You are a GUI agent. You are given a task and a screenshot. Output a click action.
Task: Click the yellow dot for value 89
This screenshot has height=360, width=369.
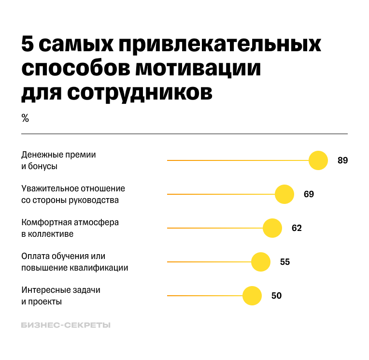coord(318,160)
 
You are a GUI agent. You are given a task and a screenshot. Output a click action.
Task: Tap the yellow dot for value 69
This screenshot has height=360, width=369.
coord(284,194)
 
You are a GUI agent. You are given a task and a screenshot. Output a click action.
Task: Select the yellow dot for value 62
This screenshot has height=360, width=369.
coord(272,228)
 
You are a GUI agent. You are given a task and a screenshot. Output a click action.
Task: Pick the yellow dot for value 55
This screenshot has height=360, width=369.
coord(261,262)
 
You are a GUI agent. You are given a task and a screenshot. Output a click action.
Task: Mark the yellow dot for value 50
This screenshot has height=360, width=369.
coord(252,296)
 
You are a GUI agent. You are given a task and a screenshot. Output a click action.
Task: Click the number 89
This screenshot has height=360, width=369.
coord(342,160)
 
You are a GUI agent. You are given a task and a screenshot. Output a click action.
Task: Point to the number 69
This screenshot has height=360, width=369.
coord(309,194)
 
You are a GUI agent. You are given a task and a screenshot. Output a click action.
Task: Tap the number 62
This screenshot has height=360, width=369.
coord(297,228)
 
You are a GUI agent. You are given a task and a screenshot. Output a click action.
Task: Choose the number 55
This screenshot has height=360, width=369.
coord(285,262)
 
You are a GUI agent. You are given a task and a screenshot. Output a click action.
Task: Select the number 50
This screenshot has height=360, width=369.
coord(276,296)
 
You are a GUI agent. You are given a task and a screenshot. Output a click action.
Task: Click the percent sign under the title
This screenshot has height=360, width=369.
coord(25,118)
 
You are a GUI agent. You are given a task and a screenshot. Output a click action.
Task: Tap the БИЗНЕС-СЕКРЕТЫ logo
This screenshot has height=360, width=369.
coord(66,325)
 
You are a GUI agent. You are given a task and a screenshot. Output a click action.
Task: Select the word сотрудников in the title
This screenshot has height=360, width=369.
coord(140,92)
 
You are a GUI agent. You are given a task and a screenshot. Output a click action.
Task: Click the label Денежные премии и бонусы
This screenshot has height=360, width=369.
coord(58,160)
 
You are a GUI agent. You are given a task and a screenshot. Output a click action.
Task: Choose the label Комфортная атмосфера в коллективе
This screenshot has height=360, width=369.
coord(70,228)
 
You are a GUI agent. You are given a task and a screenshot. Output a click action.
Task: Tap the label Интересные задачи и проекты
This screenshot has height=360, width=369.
coord(61,296)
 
